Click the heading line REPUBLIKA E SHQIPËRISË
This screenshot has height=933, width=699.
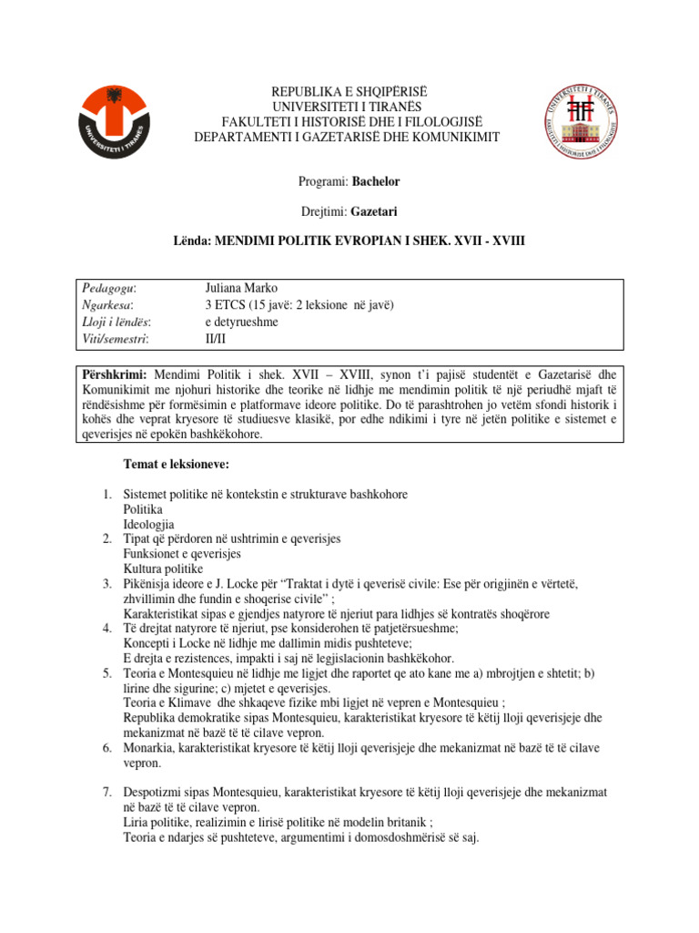tap(347, 93)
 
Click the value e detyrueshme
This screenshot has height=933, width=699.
tap(241, 322)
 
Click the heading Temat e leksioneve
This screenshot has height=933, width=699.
tap(177, 465)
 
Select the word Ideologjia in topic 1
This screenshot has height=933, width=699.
tap(148, 525)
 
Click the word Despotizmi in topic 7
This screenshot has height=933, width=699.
tap(156, 793)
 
